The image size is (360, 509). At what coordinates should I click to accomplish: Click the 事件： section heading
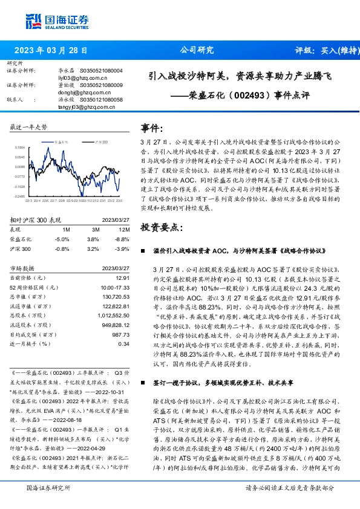click(152, 128)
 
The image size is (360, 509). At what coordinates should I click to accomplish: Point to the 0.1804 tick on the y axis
click(19, 147)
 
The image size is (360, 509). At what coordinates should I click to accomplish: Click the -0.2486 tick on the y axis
click(19, 196)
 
